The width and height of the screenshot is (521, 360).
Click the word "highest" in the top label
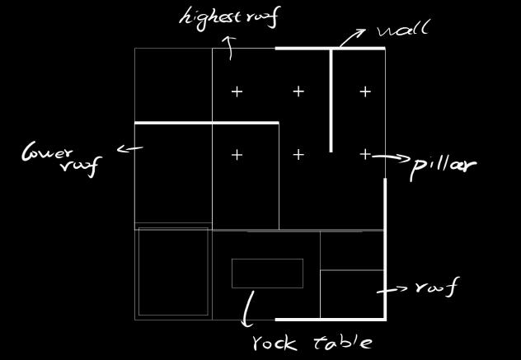[x=208, y=17]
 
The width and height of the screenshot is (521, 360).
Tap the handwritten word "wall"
[x=403, y=31]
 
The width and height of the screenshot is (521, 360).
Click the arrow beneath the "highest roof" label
[x=229, y=49]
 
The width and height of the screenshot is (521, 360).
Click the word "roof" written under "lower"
[x=80, y=166]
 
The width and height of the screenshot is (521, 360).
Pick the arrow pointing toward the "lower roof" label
[x=130, y=149]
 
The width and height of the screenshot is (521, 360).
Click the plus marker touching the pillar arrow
[x=365, y=154]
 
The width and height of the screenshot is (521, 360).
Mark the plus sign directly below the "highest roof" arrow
[x=237, y=91]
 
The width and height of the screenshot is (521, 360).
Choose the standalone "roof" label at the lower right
[x=436, y=288]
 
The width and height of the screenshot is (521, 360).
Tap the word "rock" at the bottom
[x=275, y=342]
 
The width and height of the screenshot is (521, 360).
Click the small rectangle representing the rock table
[x=267, y=274]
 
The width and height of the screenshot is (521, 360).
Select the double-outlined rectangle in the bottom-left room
[x=172, y=272]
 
